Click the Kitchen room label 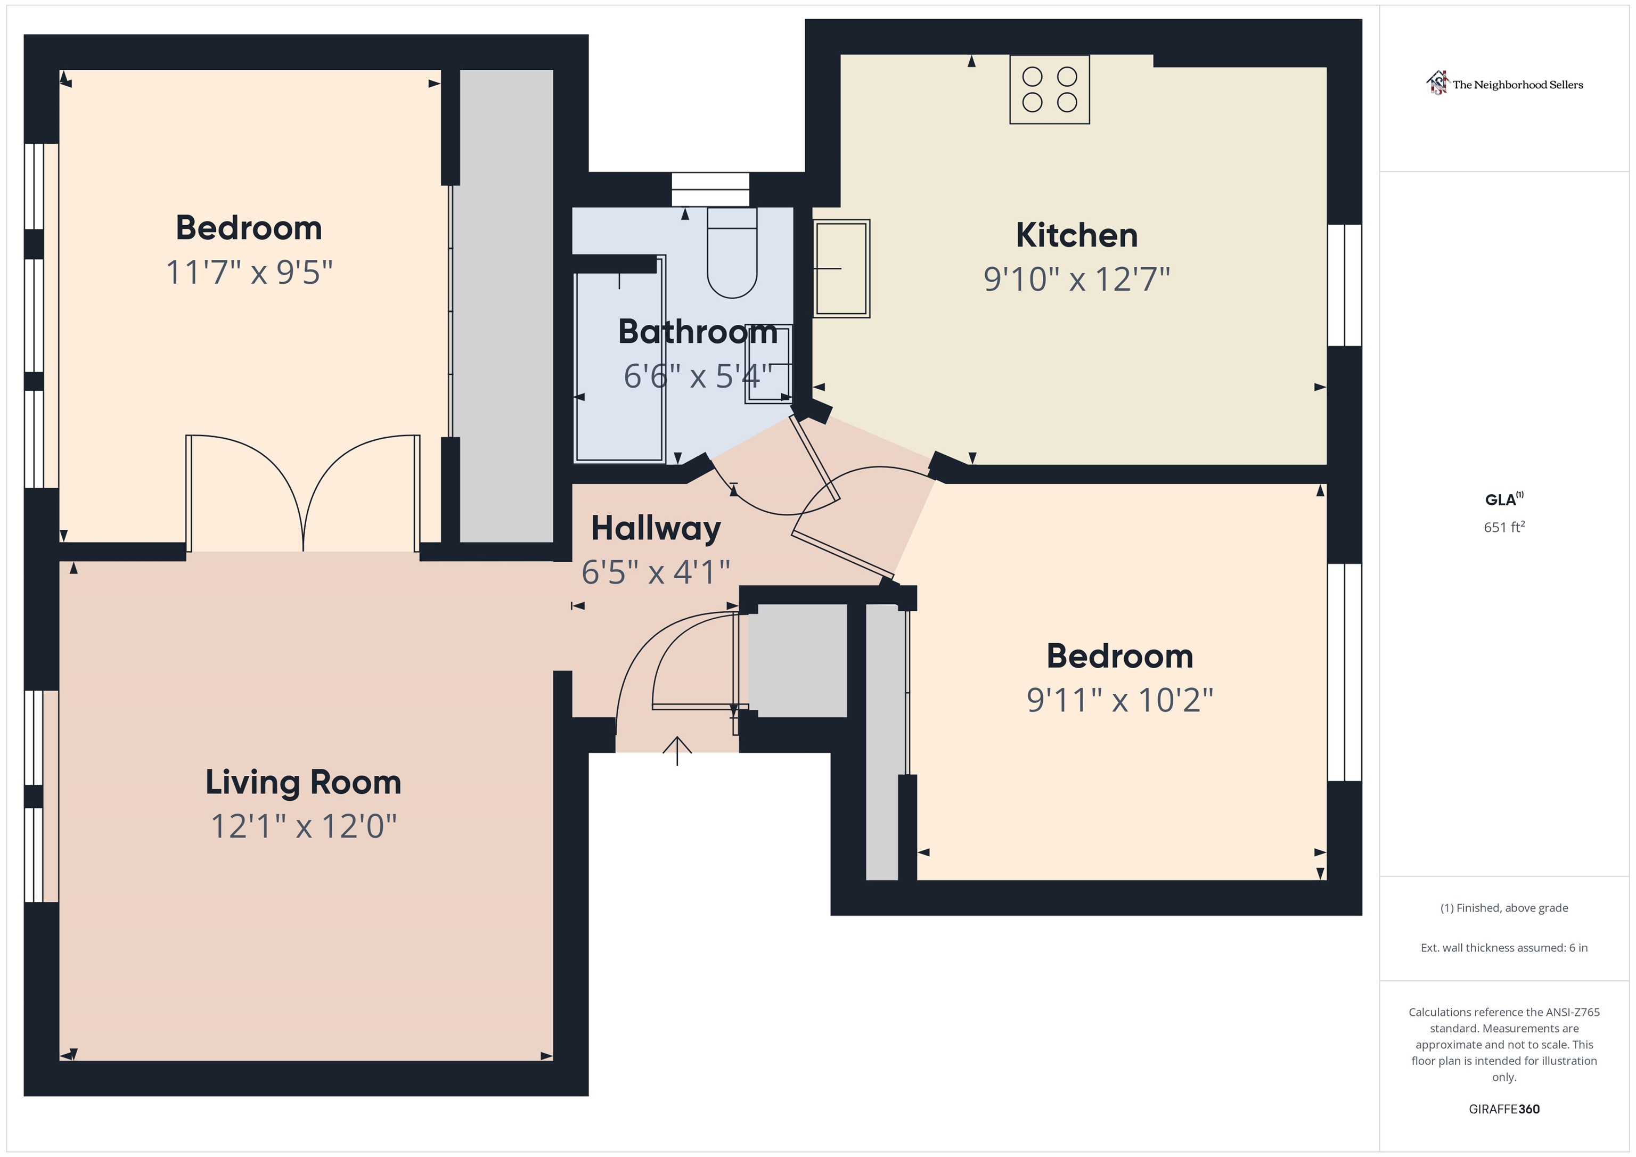coord(1077,235)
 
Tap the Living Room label coord(304,782)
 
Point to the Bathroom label coord(698,332)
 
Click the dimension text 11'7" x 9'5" coord(249,272)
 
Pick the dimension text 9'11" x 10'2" coord(1119,700)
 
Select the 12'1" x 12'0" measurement coord(304,826)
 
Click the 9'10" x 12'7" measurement coord(1077,278)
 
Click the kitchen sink coord(841,268)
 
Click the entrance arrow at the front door coord(677,750)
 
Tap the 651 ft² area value coord(1504,527)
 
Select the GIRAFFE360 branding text coord(1504,1109)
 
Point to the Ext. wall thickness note coord(1504,948)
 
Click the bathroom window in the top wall coord(710,190)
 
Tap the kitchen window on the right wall coord(1345,285)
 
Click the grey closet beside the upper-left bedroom coord(506,306)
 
